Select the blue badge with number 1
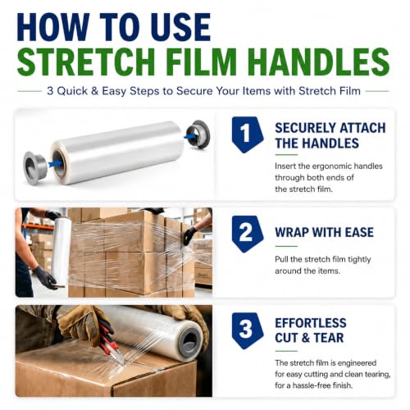[248, 134]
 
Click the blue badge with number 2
[248, 234]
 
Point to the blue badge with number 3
[248, 330]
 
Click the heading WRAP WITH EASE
[324, 232]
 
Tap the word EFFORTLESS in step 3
[311, 323]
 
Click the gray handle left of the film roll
[35, 165]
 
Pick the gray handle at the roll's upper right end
[198, 134]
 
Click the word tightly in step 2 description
[359, 260]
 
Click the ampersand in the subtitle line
[94, 91]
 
